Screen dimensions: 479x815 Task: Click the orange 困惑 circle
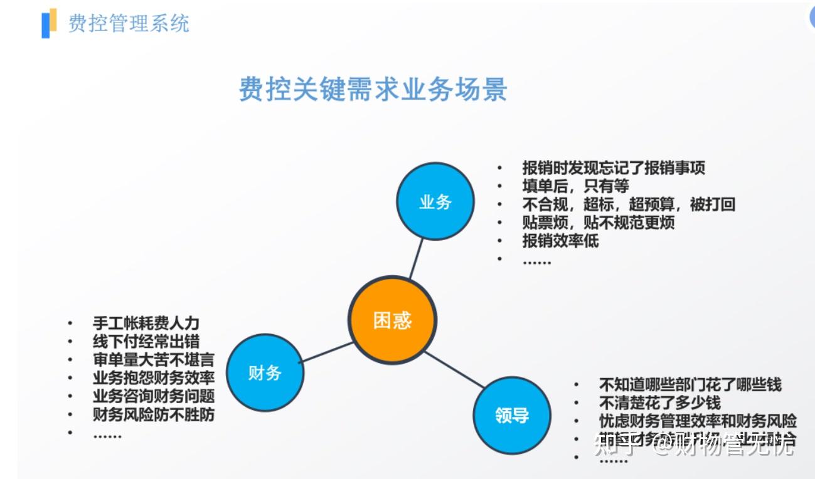point(392,320)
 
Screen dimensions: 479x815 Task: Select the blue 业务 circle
point(435,201)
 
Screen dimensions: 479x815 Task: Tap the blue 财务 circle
point(265,372)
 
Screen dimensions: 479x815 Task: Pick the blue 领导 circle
point(511,415)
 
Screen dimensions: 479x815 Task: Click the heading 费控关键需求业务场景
point(373,90)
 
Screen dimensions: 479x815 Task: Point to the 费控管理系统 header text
point(129,23)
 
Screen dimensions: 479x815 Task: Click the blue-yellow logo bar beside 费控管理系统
point(49,23)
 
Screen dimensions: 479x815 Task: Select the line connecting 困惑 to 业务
point(417,258)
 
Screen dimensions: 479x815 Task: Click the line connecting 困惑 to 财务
point(326,352)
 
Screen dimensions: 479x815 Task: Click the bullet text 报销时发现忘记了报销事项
point(614,168)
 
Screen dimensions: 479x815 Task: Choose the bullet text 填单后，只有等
point(575,186)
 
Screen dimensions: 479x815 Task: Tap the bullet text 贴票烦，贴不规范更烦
point(598,223)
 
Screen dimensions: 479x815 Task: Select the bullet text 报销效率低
point(560,241)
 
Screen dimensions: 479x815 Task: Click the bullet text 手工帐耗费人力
point(146,324)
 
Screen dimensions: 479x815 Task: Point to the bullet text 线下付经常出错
point(146,342)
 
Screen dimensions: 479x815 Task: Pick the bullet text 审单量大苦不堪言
point(153,360)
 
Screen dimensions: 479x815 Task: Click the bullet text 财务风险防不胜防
point(153,414)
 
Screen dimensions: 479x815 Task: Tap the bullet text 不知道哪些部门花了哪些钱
point(690,384)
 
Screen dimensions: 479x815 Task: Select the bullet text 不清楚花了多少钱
point(659,403)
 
